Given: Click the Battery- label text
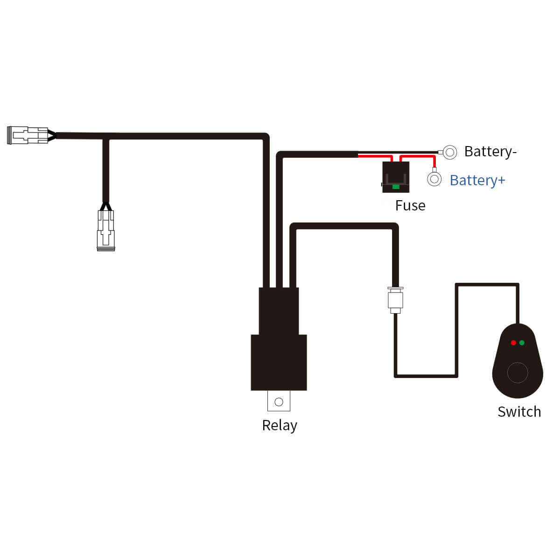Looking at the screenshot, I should (x=490, y=152).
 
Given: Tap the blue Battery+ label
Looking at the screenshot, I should (x=477, y=180).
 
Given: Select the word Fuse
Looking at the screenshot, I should (x=410, y=205).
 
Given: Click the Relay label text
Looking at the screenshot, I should (x=280, y=425).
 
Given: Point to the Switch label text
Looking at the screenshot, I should (x=519, y=412).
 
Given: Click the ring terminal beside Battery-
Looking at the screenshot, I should (x=450, y=152).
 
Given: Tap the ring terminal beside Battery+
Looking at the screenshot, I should (x=434, y=179).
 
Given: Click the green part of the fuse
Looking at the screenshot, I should (x=396, y=186).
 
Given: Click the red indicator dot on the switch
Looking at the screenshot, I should (x=513, y=343).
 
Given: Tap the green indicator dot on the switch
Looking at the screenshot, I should (x=522, y=343).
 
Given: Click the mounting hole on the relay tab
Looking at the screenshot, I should (x=279, y=402).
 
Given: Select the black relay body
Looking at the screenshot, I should (x=279, y=355).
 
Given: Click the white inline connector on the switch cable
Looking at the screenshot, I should (x=395, y=300).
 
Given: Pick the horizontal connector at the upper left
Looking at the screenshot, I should (x=28, y=135).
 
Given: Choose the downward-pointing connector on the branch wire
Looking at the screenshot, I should (x=106, y=230).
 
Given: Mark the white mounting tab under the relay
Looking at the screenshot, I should (x=279, y=401).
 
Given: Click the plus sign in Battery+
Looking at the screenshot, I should (x=501, y=181).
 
